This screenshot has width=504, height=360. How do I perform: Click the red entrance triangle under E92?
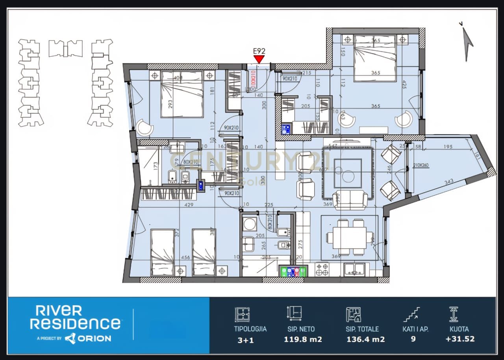[x=259, y=59]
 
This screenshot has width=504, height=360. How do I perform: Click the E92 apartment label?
[x=259, y=51]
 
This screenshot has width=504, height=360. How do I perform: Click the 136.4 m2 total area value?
[x=365, y=339]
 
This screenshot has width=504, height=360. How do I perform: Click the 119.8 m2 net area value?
[x=303, y=339]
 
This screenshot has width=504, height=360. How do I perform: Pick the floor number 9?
[x=413, y=339]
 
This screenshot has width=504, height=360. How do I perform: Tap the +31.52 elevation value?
[x=460, y=339]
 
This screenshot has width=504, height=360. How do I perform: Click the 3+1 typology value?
[x=246, y=340]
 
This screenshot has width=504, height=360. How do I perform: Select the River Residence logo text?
[x=75, y=317]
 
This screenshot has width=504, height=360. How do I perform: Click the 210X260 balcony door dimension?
[x=421, y=165]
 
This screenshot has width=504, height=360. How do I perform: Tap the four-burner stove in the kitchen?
[x=322, y=270]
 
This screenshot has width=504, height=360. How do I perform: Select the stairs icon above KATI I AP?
[x=411, y=315]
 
